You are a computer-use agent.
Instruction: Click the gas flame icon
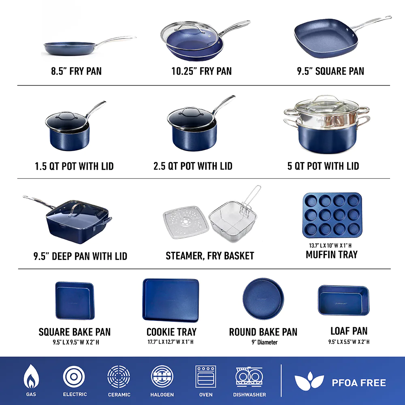[x=31, y=377]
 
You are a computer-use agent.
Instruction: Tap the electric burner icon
[x=74, y=376]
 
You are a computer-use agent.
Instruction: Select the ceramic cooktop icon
[x=119, y=376]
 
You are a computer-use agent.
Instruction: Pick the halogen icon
[x=162, y=376]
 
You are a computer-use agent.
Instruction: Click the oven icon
[x=206, y=376]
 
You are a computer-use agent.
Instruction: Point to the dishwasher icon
[x=249, y=376]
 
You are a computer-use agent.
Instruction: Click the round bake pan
[x=263, y=299]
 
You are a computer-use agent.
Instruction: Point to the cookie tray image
[x=171, y=300]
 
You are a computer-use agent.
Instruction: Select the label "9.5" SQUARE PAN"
[x=330, y=71]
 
